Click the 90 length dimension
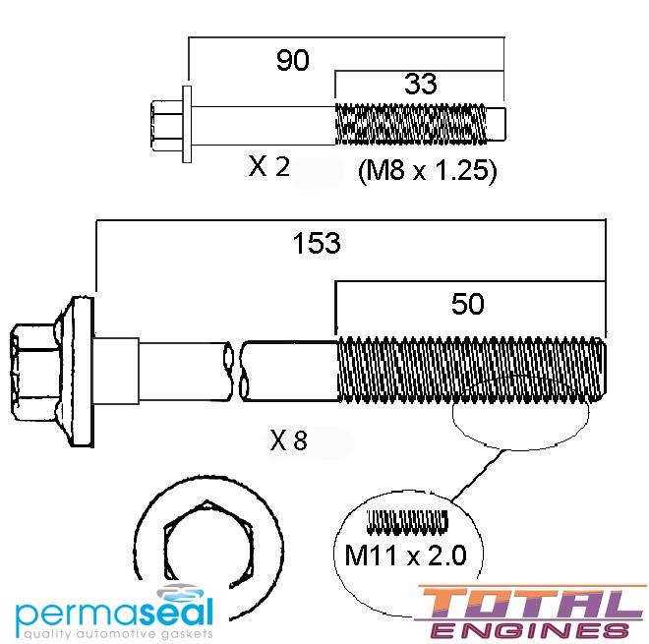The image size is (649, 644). (x=292, y=60)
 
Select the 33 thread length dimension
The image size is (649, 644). (x=420, y=85)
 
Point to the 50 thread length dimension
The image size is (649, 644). (x=468, y=304)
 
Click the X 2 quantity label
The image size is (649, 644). (x=268, y=167)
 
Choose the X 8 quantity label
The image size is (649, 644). (x=288, y=441)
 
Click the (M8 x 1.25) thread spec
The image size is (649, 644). (x=426, y=172)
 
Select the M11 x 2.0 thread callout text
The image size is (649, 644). (x=406, y=556)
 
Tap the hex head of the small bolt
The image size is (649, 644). (x=163, y=123)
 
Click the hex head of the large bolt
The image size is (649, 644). (x=34, y=370)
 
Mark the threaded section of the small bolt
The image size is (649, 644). (x=413, y=123)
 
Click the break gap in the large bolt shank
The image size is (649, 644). (x=237, y=370)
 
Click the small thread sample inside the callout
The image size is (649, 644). (x=406, y=521)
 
